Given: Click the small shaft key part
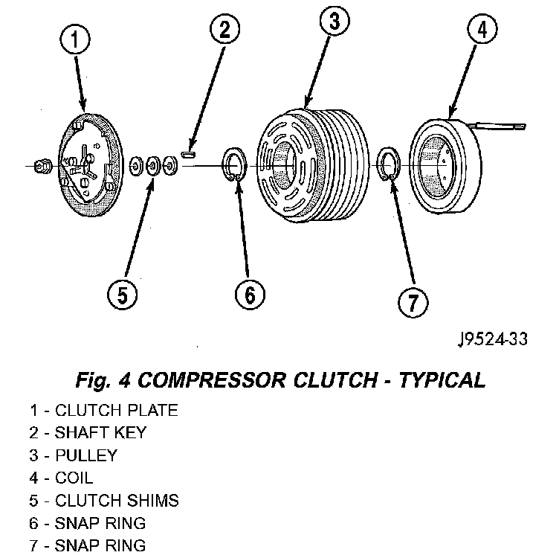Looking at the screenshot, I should tap(188, 155).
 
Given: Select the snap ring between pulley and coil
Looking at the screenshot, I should tap(389, 165).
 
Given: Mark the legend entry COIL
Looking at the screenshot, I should tap(74, 477).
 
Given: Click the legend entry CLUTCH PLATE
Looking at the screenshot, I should tap(116, 409).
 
